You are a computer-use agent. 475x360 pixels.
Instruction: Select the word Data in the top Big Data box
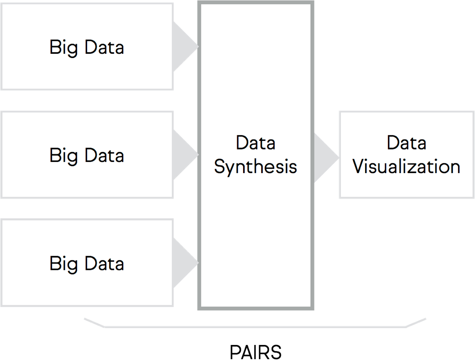104,47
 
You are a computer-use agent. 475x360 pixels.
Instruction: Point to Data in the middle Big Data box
104,155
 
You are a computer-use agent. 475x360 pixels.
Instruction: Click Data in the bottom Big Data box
104,263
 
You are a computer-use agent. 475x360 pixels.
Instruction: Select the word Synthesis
256,167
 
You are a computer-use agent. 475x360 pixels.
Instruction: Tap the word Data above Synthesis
256,143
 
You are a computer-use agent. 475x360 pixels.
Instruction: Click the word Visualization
406,166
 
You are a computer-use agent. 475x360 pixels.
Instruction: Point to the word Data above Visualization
406,143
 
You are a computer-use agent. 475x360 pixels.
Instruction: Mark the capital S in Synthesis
219,167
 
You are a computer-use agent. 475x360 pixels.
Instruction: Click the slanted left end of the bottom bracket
94,323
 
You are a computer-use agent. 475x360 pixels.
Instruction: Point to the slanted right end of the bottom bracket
416,323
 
